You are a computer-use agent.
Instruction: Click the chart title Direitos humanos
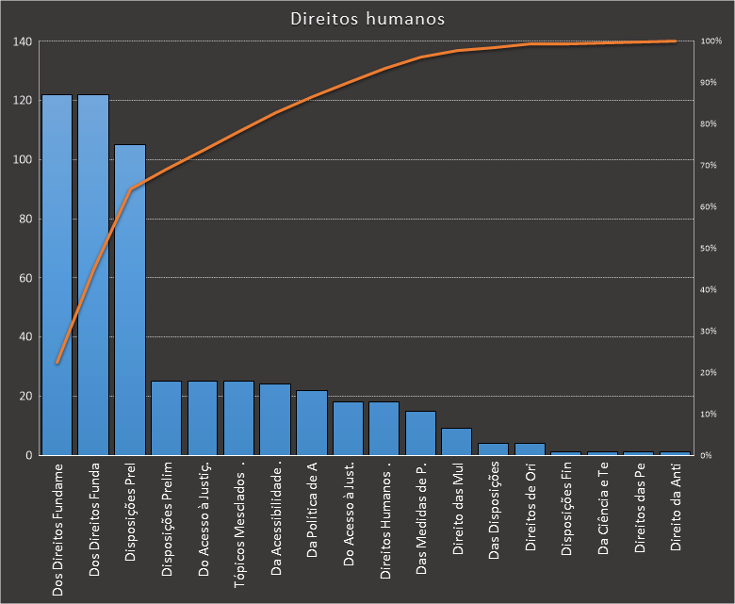coord(367,19)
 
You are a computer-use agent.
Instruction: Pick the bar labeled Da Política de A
coord(312,423)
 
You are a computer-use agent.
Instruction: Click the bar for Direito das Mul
coord(457,442)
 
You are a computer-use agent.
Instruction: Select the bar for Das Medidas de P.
coord(420,433)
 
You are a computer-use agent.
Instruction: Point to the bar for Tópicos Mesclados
coord(238,418)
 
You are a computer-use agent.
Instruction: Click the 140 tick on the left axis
coord(23,41)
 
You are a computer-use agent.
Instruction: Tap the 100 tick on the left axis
coord(23,160)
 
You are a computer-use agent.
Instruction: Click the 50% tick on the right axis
coord(709,249)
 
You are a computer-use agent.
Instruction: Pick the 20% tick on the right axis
coord(709,373)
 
